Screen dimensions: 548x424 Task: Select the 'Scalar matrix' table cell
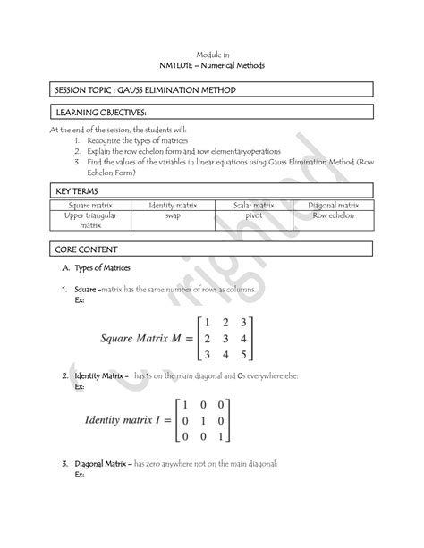tap(253, 205)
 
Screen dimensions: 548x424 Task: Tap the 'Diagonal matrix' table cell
tap(333, 205)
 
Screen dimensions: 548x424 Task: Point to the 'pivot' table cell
tap(253, 215)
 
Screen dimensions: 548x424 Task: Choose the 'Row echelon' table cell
tap(333, 215)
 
